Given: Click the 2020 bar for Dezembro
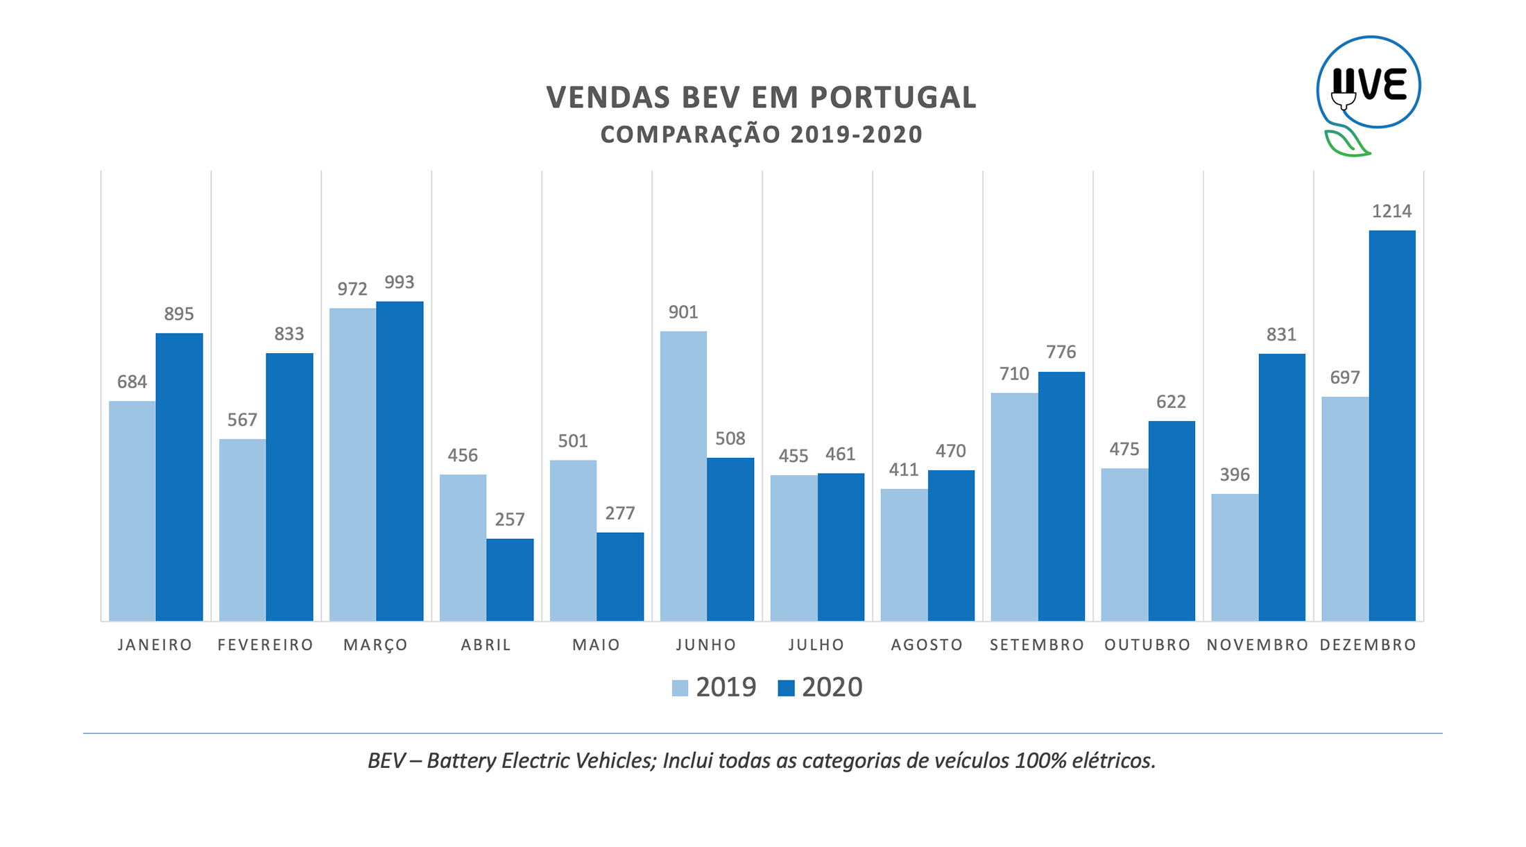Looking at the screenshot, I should coord(1391,425).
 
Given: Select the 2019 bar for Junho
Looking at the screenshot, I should coord(683,476).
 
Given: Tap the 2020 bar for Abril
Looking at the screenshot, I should coord(510,579).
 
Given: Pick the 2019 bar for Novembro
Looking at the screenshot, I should coord(1235,557).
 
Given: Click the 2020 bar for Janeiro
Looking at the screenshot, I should coord(179,477).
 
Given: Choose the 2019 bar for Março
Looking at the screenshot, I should coord(352,464).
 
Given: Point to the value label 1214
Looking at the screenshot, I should coord(1391,212).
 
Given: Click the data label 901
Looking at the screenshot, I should coord(683,312).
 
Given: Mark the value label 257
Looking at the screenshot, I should coord(510,520).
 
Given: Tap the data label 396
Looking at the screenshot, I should coord(1235,474).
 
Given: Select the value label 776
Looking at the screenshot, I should coord(1061,352).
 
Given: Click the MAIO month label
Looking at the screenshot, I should coord(596,645).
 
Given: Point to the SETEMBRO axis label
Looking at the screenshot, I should coord(1037,645).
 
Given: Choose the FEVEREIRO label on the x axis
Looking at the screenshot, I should coord(266,645).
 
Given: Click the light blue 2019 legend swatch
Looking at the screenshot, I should coord(680,688).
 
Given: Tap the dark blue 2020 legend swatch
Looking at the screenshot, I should coord(786,688).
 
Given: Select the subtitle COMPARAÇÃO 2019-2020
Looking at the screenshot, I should coord(761,135).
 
